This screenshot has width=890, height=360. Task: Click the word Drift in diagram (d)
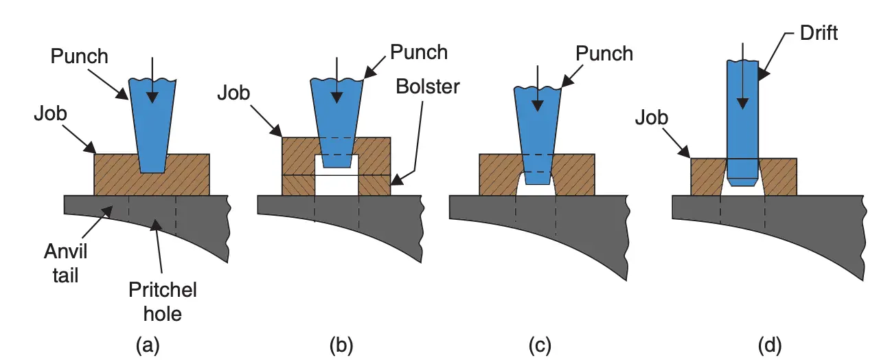tap(819, 32)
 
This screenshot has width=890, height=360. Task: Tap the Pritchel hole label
tap(163, 302)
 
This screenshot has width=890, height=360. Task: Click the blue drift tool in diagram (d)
tap(742, 117)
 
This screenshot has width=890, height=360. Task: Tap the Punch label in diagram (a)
tap(80, 56)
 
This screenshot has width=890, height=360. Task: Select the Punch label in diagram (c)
tap(604, 53)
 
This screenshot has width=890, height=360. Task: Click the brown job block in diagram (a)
tap(113, 175)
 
